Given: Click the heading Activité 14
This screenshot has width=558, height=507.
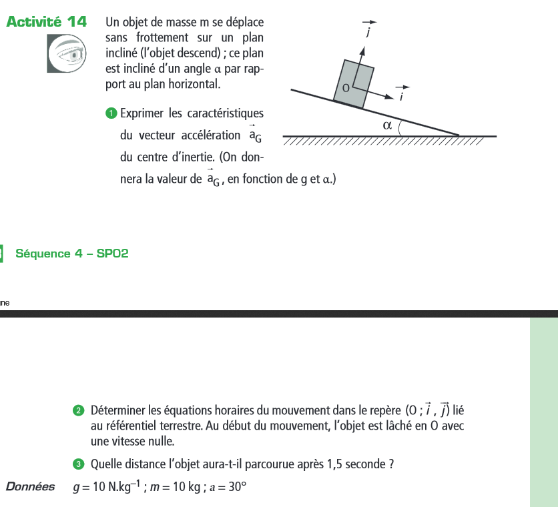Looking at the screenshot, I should click(47, 21).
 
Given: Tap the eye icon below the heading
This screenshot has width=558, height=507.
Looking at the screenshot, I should click(68, 53).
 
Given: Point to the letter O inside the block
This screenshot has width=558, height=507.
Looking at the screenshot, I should click(345, 87).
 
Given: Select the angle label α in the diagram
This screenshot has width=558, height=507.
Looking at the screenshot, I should click(386, 125).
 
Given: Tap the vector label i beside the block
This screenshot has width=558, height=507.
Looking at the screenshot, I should click(402, 96).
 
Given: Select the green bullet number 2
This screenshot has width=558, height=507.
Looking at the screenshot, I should click(79, 409).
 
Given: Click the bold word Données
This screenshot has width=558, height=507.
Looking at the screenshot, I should click(30, 486).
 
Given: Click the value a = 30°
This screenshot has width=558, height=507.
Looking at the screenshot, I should click(227, 487).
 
